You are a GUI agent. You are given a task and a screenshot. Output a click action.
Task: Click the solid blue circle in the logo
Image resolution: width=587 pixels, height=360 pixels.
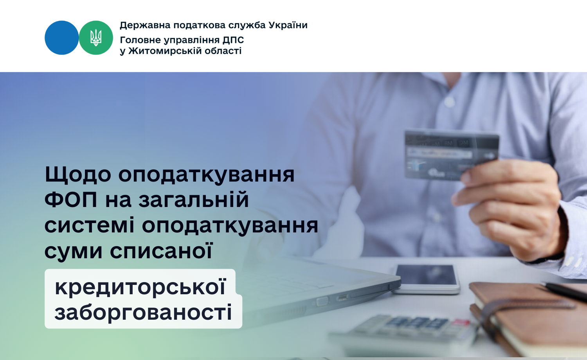61,38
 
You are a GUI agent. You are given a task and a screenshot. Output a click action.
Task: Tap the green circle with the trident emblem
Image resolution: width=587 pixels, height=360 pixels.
96,38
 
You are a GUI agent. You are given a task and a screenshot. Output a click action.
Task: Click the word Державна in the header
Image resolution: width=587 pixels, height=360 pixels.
145,25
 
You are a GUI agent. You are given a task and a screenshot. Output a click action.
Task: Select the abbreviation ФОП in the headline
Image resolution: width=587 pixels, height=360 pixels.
71,200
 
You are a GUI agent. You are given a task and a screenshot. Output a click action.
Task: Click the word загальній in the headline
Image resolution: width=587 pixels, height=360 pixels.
194,200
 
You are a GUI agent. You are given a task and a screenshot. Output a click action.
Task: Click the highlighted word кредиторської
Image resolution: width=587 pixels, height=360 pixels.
140,287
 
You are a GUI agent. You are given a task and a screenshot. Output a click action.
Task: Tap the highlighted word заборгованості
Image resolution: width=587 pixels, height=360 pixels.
143,312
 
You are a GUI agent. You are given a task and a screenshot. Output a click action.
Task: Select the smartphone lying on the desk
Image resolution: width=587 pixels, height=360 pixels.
427,279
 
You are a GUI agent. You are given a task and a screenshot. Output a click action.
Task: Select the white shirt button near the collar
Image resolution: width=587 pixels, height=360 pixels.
449,102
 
